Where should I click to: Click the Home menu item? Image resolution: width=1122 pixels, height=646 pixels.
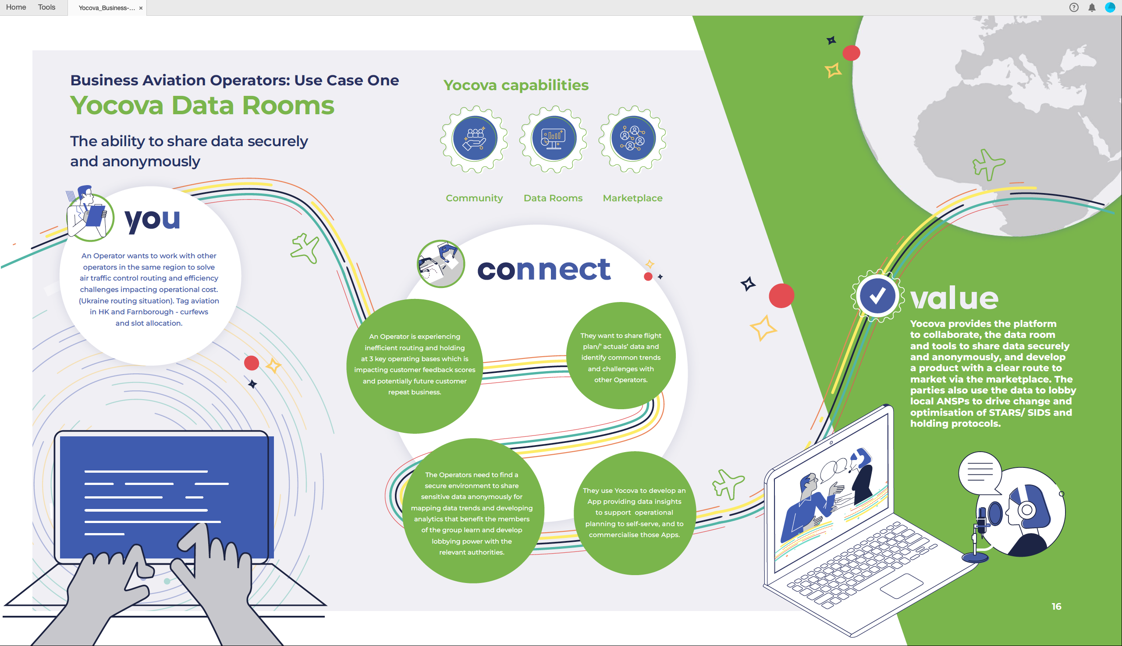[x=16, y=7]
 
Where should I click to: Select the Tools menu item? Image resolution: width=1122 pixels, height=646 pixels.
[x=46, y=7]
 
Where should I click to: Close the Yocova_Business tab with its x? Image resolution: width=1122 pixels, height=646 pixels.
[x=141, y=8]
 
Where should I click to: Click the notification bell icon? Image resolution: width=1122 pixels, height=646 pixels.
[x=1092, y=7]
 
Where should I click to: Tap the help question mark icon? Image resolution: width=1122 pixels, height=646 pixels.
[x=1074, y=7]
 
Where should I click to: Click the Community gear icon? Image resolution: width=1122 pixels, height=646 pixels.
[x=474, y=139]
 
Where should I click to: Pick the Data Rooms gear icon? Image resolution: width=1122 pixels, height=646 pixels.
[x=554, y=139]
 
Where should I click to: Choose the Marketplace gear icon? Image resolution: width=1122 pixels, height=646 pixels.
[x=632, y=139]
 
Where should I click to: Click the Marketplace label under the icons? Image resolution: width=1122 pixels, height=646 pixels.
[x=632, y=198]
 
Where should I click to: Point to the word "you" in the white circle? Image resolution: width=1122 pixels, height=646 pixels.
[x=153, y=219]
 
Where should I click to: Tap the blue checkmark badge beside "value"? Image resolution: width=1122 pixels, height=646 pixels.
[x=877, y=296]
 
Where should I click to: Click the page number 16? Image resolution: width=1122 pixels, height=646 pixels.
[x=1056, y=607]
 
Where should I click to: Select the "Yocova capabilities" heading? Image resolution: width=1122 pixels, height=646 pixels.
[x=516, y=85]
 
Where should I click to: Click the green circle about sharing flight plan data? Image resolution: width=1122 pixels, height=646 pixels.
[x=621, y=356]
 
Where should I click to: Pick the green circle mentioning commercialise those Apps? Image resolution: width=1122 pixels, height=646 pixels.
[x=634, y=513]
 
